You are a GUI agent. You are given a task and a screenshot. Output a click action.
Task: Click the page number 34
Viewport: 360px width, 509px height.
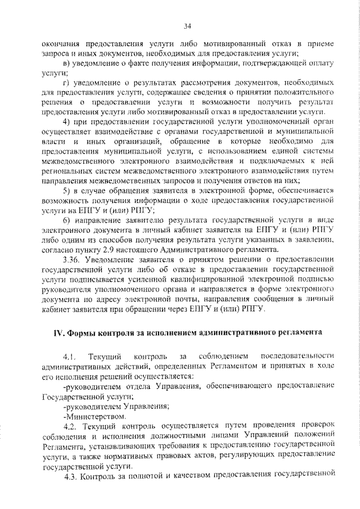[x=187, y=25]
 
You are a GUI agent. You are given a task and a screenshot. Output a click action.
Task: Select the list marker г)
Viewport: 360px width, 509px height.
[x=66, y=83]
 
